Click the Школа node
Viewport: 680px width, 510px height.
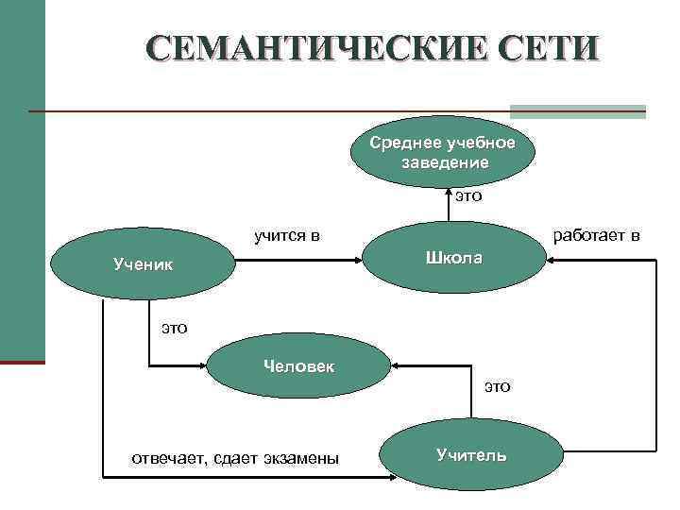[454, 258]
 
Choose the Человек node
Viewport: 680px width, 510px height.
[298, 365]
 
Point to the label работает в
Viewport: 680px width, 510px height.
[596, 235]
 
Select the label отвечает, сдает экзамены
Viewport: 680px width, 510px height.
[235, 458]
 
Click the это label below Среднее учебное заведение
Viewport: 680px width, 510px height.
[468, 196]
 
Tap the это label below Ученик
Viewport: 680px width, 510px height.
[174, 328]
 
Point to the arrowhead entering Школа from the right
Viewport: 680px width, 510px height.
[552, 265]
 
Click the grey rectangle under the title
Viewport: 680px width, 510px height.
[578, 110]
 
